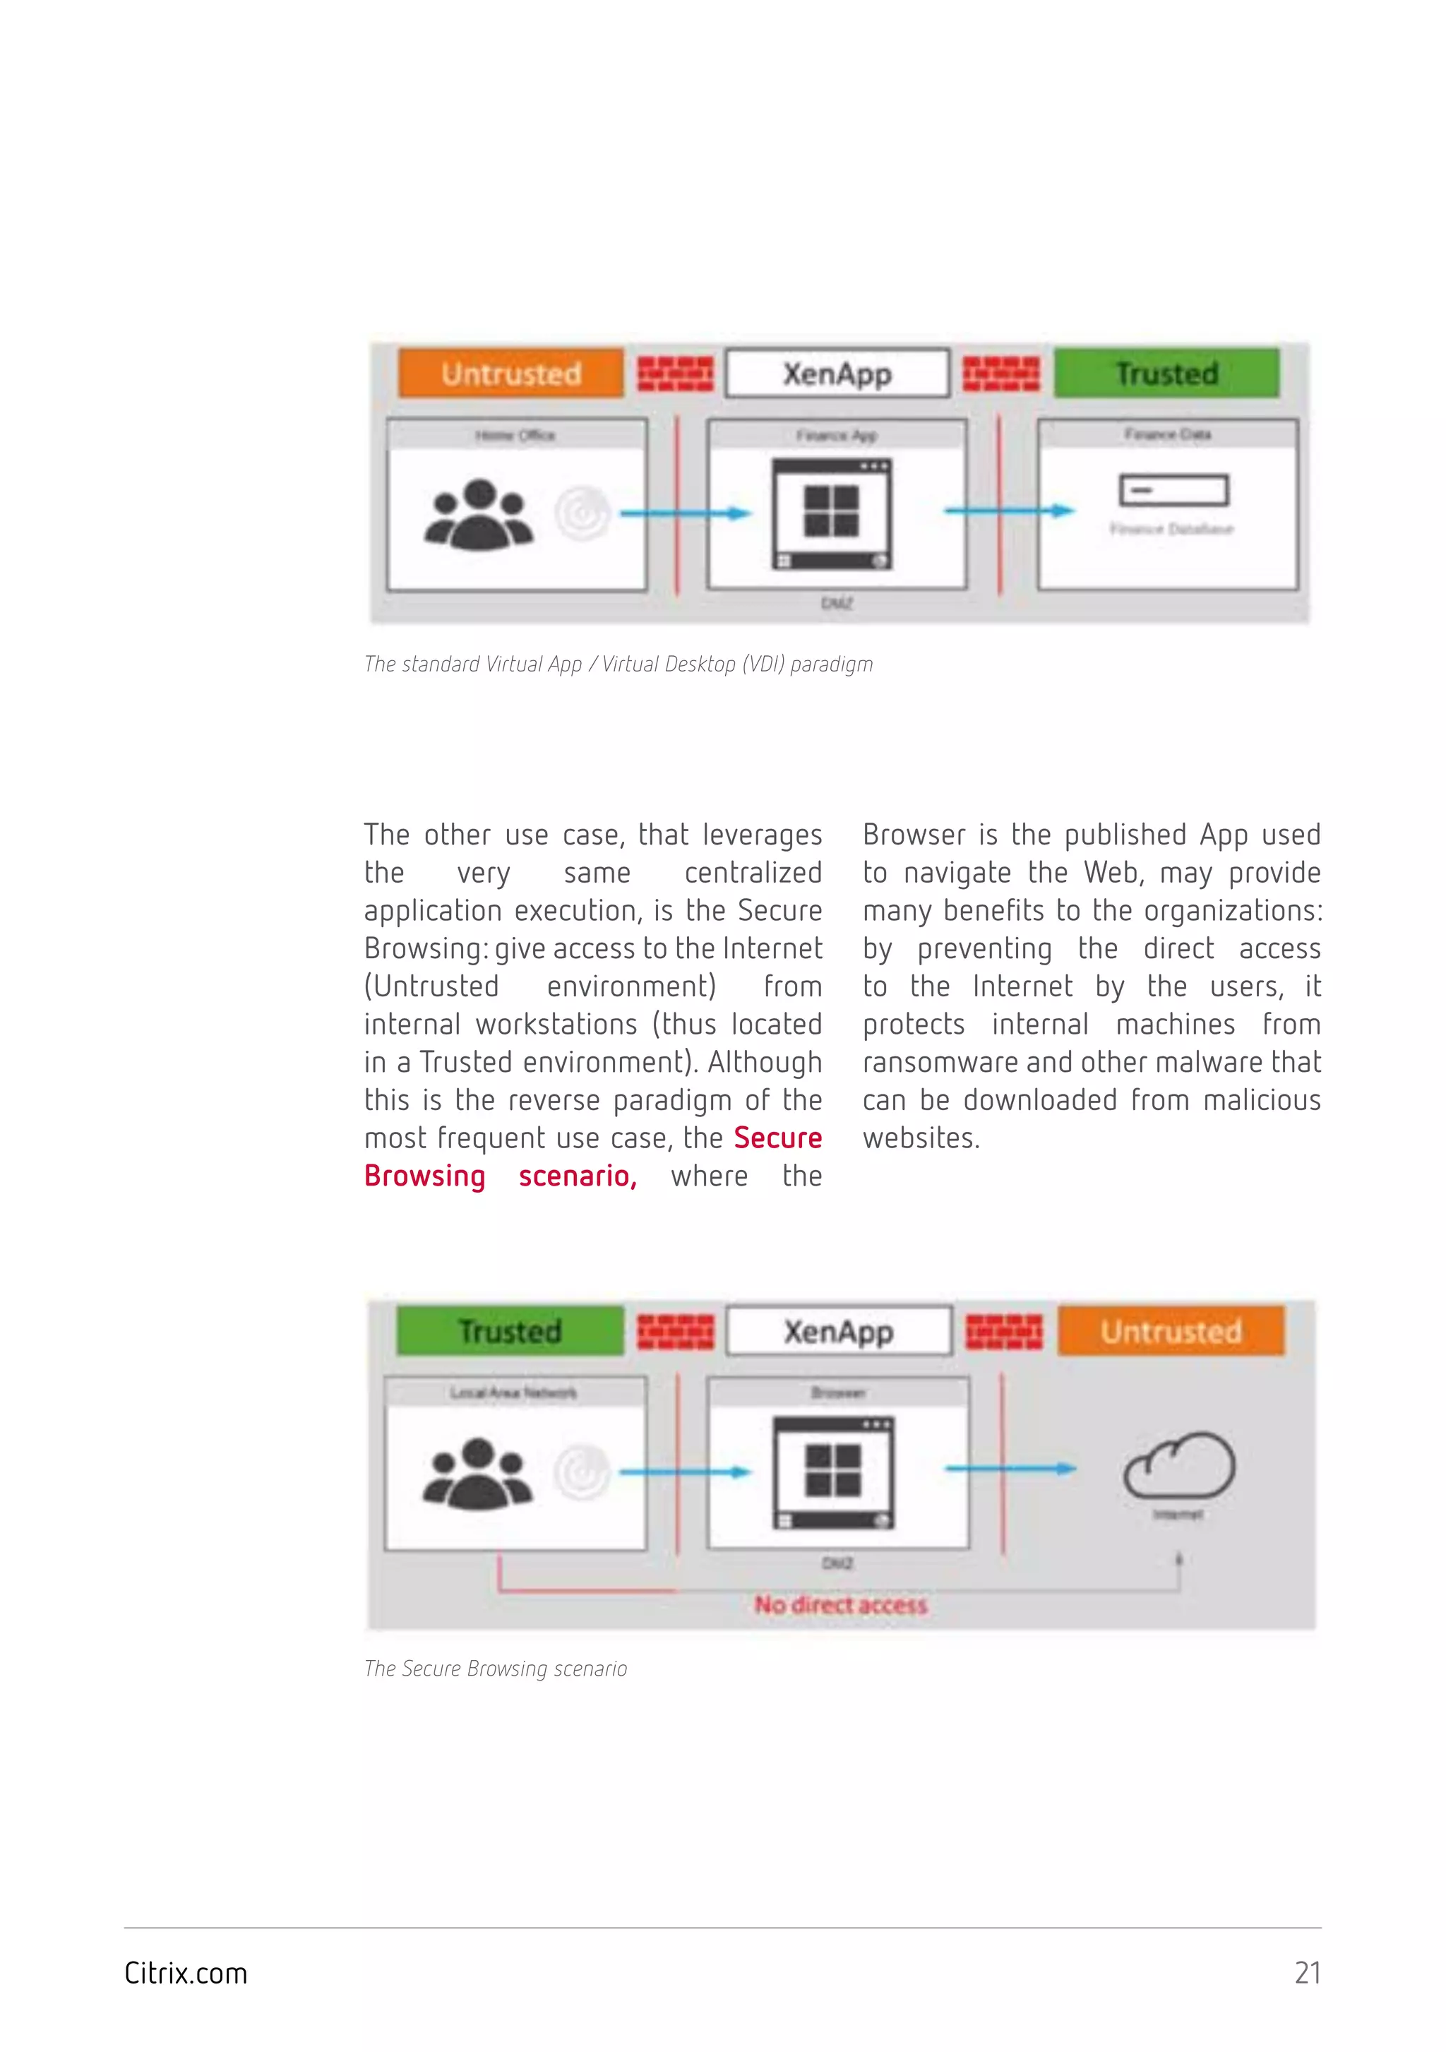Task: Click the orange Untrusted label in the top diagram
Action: [x=510, y=373]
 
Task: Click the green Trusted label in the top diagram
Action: [x=1166, y=373]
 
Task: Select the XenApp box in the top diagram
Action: [x=837, y=373]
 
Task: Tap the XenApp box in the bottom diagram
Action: [x=838, y=1331]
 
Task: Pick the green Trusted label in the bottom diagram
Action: [x=510, y=1331]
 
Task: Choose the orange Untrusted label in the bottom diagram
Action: [x=1171, y=1331]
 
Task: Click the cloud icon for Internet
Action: [x=1179, y=1466]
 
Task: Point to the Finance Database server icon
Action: [x=1173, y=491]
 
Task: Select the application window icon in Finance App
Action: [x=832, y=514]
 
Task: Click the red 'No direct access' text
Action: [x=840, y=1605]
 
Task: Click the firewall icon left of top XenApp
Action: [x=675, y=374]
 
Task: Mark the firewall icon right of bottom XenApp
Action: [x=1003, y=1332]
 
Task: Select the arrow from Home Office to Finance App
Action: [x=686, y=513]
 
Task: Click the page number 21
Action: [x=1308, y=1972]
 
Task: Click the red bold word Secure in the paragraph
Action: [x=777, y=1138]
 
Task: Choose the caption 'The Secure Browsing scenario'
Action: [x=495, y=1669]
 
